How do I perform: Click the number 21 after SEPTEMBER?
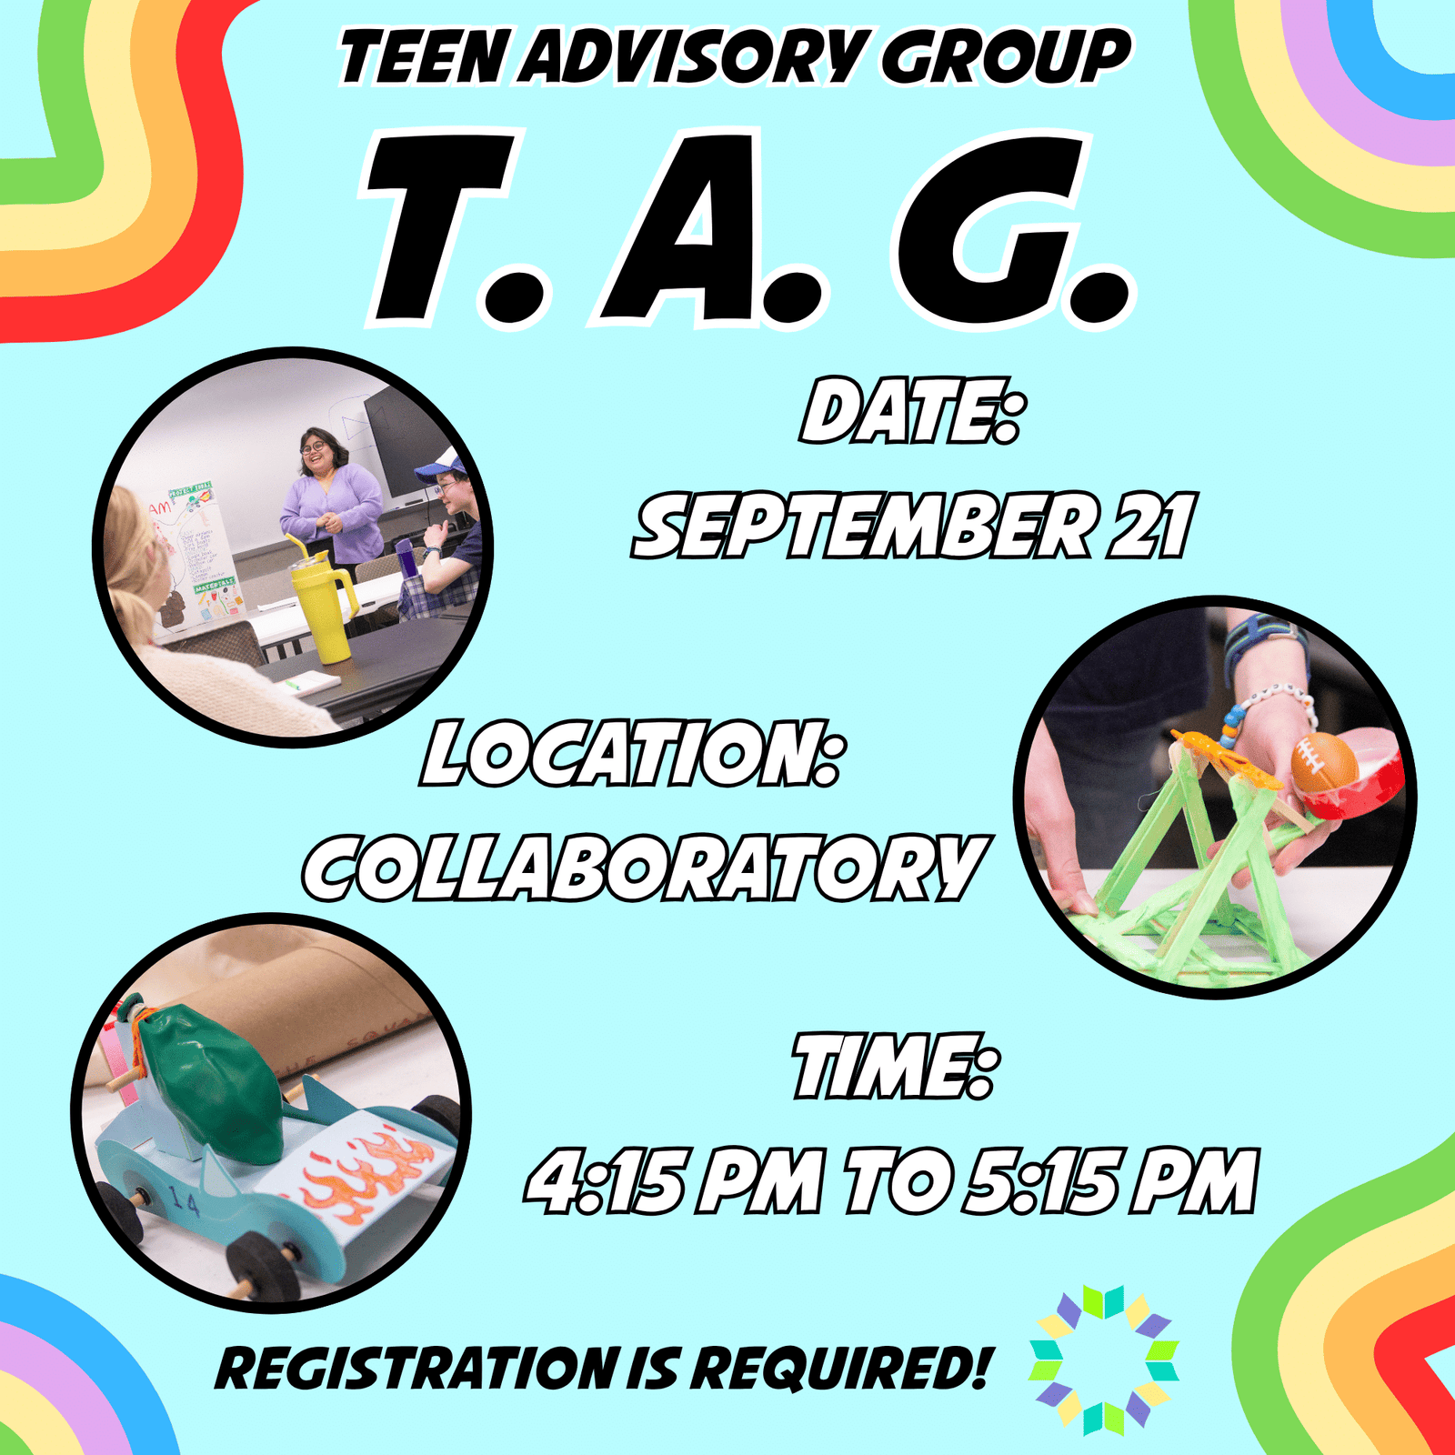(1148, 525)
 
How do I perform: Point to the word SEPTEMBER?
(863, 525)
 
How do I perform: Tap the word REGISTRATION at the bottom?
(416, 1369)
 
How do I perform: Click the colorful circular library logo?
(1104, 1360)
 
